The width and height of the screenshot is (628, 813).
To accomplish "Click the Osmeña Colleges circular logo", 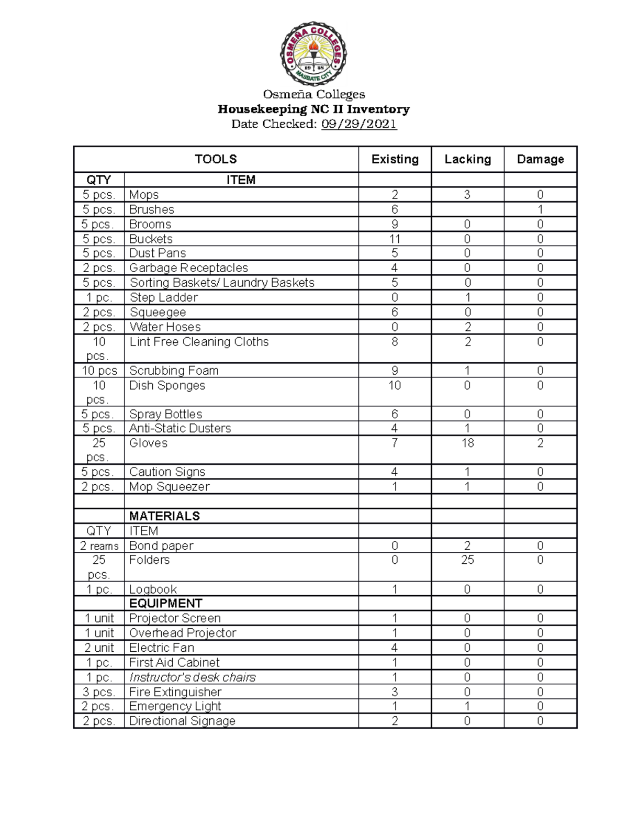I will pos(313,53).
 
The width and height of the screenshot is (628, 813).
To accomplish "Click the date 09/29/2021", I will pos(359,124).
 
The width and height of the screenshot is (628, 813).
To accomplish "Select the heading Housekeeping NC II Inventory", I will pos(313,109).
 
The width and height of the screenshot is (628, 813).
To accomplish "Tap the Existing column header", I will pos(395,159).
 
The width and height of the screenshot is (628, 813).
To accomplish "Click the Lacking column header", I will pos(467,159).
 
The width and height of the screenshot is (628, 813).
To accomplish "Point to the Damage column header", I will pos(540,159).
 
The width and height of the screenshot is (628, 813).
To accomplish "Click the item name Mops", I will pos(144,195).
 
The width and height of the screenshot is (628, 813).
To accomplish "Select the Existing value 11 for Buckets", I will pos(395,239).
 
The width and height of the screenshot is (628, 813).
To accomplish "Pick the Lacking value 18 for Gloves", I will pos(467,443).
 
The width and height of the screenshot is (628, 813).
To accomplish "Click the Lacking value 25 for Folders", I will pos(467,560).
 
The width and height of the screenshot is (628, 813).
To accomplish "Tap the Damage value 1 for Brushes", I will pos(540,209).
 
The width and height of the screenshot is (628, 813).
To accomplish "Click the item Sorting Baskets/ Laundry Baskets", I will pos(222,283).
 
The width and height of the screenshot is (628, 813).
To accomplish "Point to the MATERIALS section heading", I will pos(164,516).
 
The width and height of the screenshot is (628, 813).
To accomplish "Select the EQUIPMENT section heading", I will pos(165,604).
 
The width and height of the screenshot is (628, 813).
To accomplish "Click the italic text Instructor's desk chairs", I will pos(192,677).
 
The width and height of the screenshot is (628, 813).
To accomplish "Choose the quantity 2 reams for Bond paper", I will pos(99,546).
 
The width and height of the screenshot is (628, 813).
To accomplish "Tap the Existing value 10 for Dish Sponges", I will pos(395,386).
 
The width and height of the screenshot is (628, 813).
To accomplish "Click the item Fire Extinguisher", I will pos(175,692).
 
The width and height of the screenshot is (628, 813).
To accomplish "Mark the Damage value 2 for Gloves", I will pos(540,443).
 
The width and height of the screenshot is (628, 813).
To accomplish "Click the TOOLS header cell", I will pos(216,159).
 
